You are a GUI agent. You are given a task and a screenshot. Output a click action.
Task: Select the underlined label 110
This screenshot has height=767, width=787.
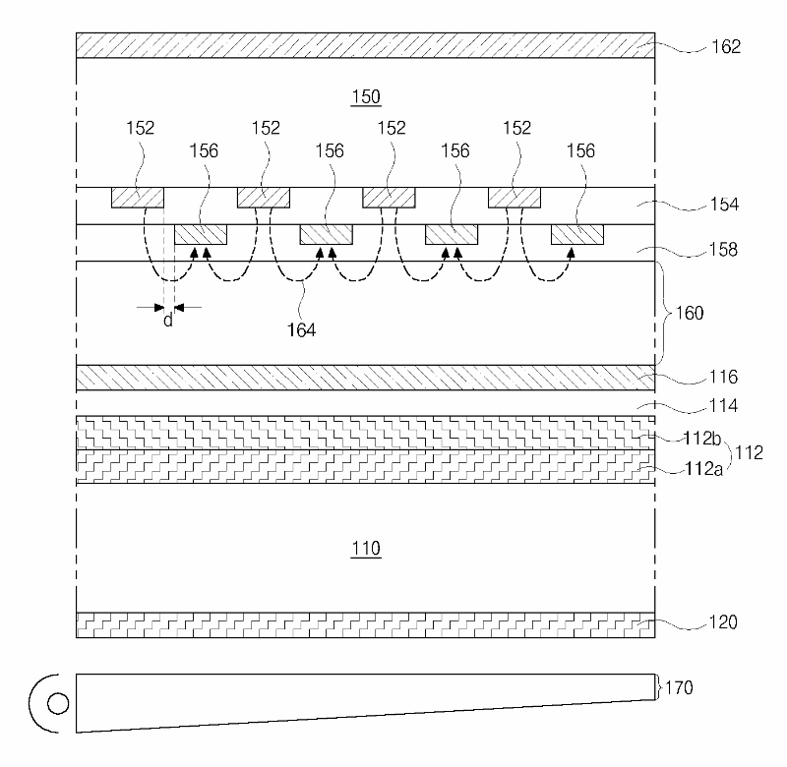[x=366, y=549]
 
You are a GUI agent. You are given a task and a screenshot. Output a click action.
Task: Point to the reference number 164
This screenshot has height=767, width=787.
[x=301, y=330]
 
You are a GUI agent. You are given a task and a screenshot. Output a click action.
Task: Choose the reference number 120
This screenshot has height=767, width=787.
[x=722, y=622]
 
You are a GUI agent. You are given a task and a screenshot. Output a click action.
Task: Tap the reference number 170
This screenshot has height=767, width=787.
[x=680, y=687]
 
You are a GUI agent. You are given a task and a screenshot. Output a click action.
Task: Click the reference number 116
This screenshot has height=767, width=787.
[x=722, y=377]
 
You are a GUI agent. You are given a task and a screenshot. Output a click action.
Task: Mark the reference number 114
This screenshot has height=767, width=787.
[x=722, y=404]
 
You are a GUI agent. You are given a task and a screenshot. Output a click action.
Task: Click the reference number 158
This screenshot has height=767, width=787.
[x=722, y=250]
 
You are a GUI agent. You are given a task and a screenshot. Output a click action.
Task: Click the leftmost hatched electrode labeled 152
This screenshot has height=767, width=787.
[x=137, y=198]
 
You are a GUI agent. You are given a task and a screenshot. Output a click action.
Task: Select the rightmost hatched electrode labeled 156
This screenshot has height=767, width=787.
[x=576, y=234]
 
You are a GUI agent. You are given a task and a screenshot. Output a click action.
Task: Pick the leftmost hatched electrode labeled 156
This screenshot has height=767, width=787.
[x=201, y=234]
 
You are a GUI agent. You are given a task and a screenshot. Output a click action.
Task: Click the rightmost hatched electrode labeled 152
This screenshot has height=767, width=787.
[x=515, y=198]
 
